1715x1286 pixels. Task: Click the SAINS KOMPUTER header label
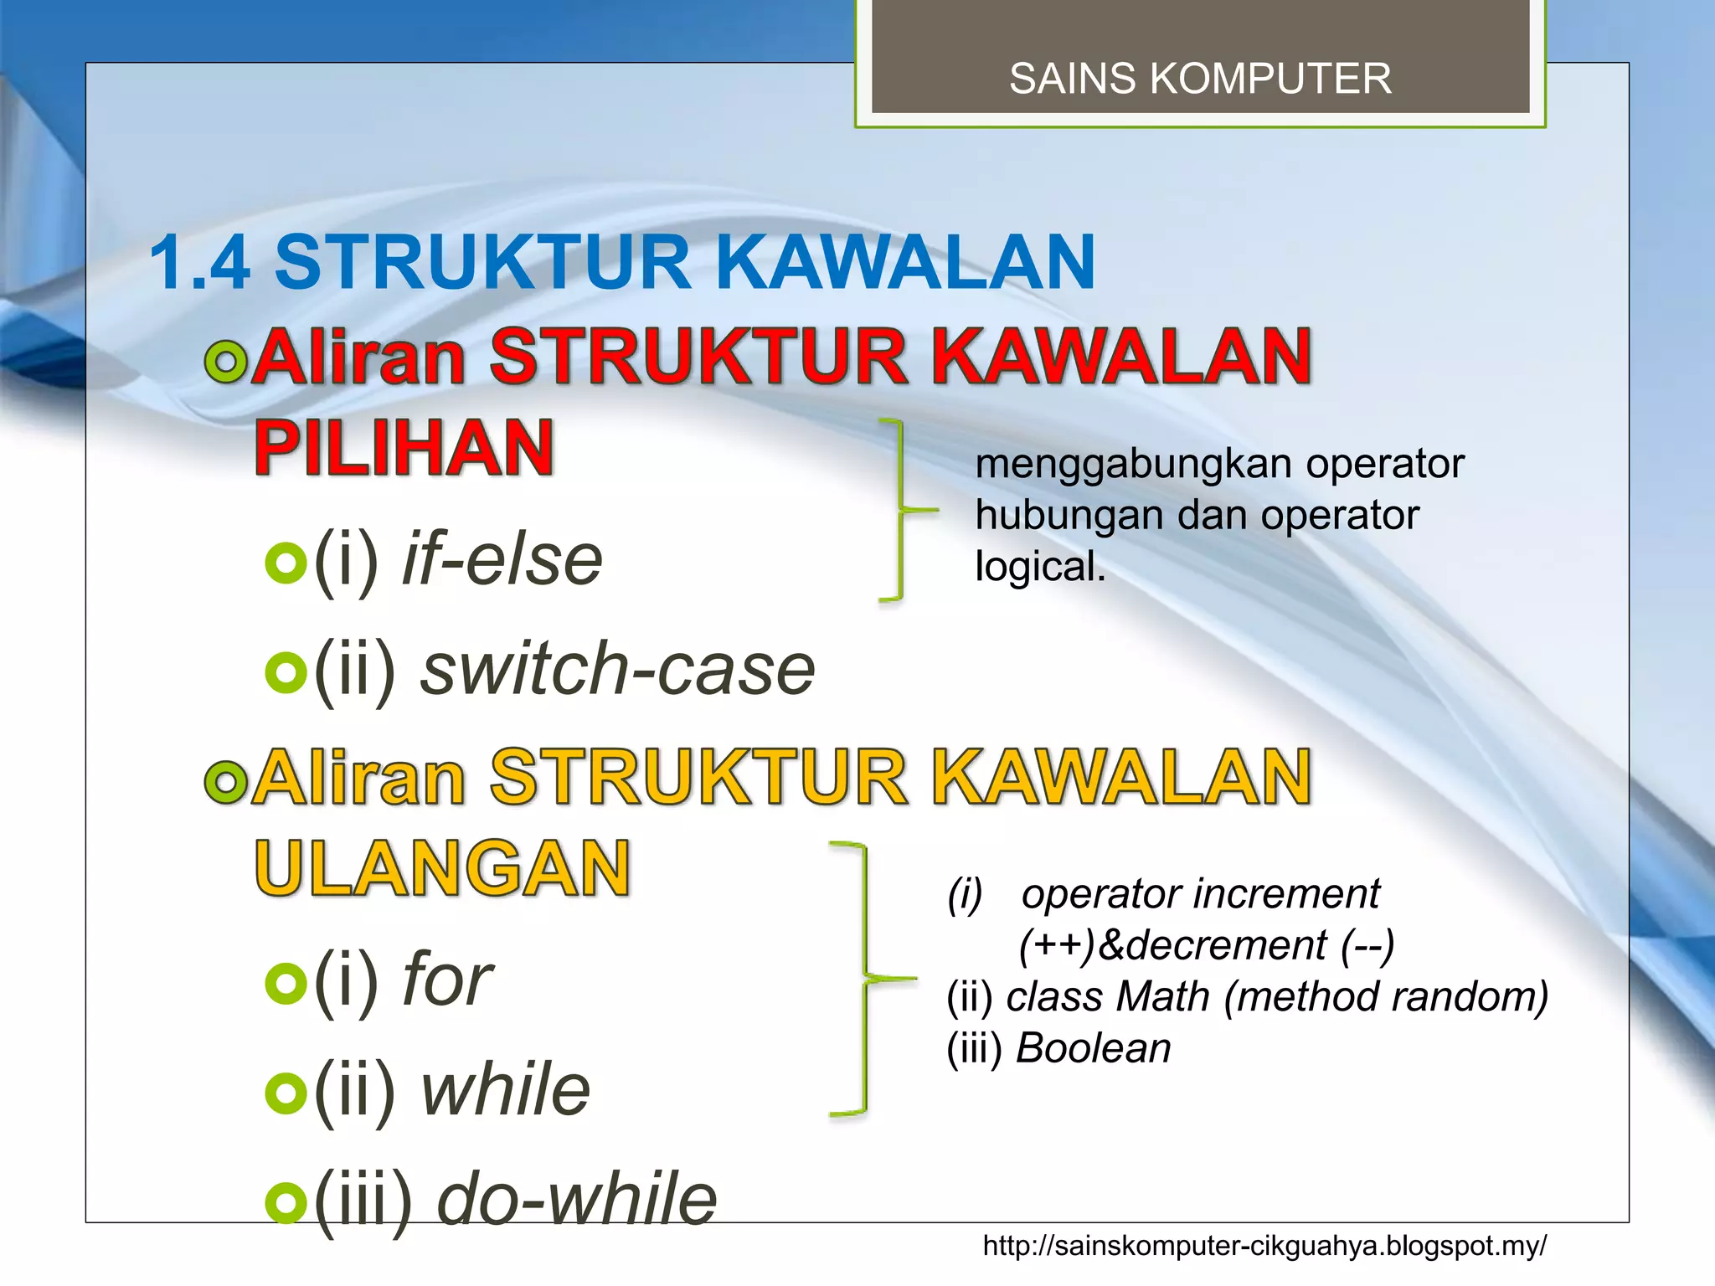point(1200,79)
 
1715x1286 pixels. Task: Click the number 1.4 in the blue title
point(200,262)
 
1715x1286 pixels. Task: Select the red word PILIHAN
point(404,448)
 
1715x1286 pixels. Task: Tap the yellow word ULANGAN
point(442,868)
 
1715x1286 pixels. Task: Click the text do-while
point(577,1199)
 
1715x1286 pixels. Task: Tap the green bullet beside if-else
point(286,563)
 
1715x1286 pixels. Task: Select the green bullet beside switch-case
point(286,672)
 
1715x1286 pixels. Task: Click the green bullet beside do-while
point(286,1202)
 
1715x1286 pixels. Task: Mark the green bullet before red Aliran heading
point(226,362)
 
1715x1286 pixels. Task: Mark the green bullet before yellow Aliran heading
point(226,782)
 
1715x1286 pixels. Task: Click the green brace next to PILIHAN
point(902,509)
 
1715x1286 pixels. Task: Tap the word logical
point(1040,567)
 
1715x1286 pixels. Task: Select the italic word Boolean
point(1093,1047)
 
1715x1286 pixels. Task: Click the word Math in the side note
point(1163,996)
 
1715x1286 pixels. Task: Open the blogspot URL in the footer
point(1264,1246)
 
